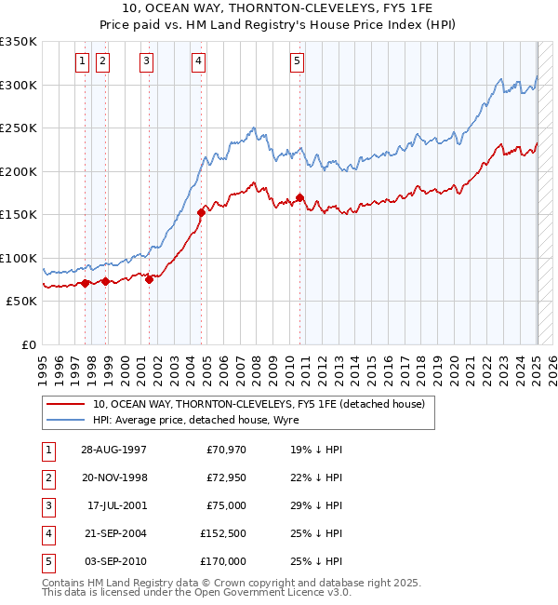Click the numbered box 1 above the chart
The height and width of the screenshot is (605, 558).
(x=83, y=61)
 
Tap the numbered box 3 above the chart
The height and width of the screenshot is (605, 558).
(x=147, y=61)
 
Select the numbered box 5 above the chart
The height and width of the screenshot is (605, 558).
(x=297, y=61)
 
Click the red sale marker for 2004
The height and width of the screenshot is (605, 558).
(x=201, y=213)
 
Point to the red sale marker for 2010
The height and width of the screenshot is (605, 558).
(x=299, y=197)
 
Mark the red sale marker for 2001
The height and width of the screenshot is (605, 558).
(x=149, y=279)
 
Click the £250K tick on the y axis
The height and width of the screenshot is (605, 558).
(x=19, y=128)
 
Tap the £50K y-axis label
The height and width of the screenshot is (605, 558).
(x=21, y=302)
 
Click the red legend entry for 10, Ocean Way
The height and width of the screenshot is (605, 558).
(x=258, y=404)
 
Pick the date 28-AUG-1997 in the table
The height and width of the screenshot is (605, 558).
(x=114, y=450)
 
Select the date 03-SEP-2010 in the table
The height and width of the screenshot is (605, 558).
(x=114, y=561)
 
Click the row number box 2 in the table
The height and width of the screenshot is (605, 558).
(x=47, y=477)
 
